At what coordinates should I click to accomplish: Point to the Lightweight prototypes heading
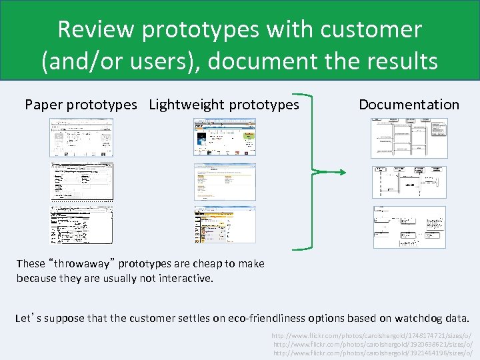[x=224, y=105]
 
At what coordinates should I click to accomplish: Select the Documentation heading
[x=409, y=105]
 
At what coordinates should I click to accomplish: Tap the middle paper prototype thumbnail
[x=82, y=182]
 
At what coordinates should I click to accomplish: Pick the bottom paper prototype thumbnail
[x=82, y=225]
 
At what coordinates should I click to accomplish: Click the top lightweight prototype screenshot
[x=225, y=137]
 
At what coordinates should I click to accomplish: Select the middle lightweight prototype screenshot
[x=225, y=181]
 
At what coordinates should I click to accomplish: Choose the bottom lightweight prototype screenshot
[x=225, y=225]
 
